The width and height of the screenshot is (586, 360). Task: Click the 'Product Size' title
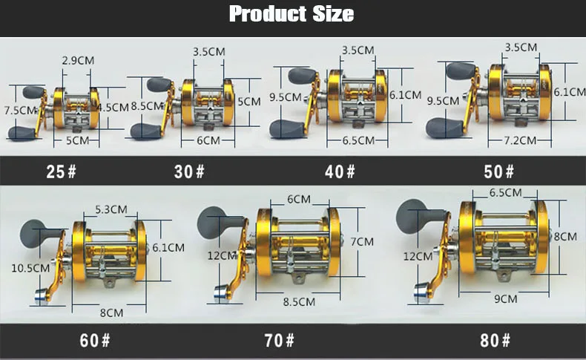point(292,14)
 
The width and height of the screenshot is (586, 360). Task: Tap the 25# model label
point(62,171)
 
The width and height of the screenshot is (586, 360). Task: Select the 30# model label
point(189,171)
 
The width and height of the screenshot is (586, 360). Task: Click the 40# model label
point(340,171)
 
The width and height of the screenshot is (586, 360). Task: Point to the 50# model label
point(499,171)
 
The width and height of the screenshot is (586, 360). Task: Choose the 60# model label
point(95,341)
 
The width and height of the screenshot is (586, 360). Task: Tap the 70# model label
point(279,341)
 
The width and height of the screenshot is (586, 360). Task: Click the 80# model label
point(496,341)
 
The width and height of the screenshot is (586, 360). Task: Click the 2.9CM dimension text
point(78,61)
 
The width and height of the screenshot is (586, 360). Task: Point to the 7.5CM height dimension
point(21,111)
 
